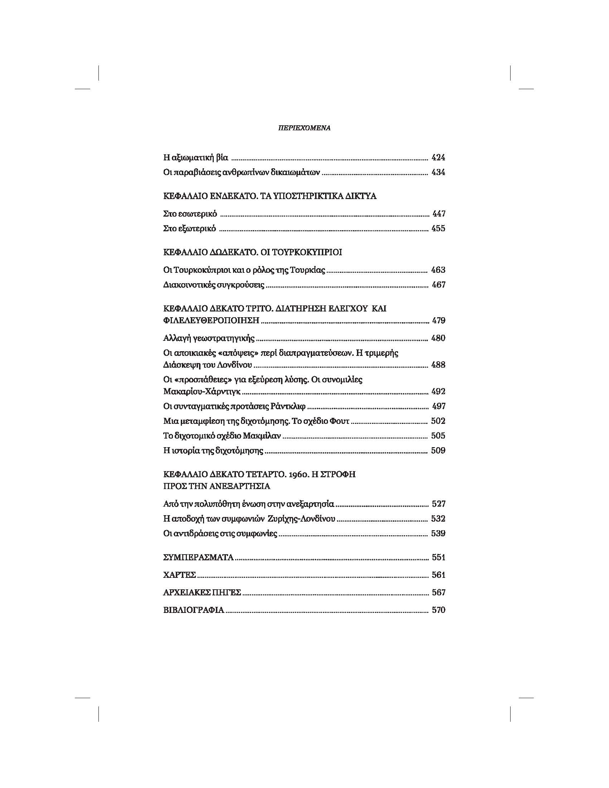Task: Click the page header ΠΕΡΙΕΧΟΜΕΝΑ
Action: click(x=304, y=128)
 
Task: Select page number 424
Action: click(x=438, y=157)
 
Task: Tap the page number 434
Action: click(x=438, y=172)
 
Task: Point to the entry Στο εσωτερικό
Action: click(x=190, y=214)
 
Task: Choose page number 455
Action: click(x=438, y=228)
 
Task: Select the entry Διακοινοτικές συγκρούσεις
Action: click(x=214, y=285)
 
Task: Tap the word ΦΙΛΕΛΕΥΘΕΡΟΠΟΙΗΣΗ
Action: click(x=212, y=320)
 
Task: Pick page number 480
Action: click(x=438, y=338)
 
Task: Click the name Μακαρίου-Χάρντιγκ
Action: click(x=202, y=391)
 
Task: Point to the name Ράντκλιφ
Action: click(x=287, y=406)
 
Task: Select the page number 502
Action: click(x=438, y=421)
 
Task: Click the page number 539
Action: click(x=438, y=533)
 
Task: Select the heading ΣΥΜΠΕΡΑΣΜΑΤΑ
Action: click(x=198, y=557)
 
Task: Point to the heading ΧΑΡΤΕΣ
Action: click(x=179, y=575)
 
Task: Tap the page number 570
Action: click(x=438, y=610)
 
